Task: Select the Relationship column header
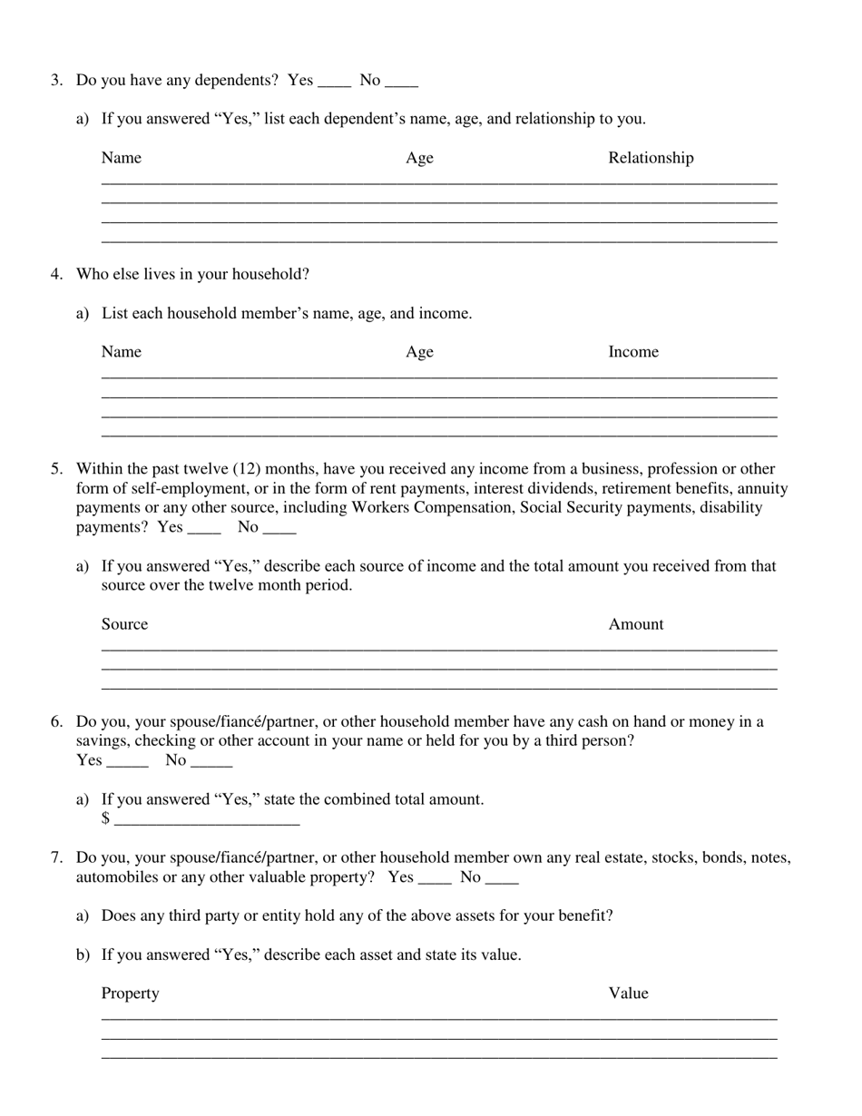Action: point(651,158)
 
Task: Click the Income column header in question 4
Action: point(633,352)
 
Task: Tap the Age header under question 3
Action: point(419,158)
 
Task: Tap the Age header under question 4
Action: point(419,352)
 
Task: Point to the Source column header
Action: point(124,624)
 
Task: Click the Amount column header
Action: point(636,624)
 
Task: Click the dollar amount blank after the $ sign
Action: point(207,820)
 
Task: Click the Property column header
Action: point(130,994)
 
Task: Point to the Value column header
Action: point(628,994)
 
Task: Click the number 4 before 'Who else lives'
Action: point(55,274)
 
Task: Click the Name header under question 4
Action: point(122,352)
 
